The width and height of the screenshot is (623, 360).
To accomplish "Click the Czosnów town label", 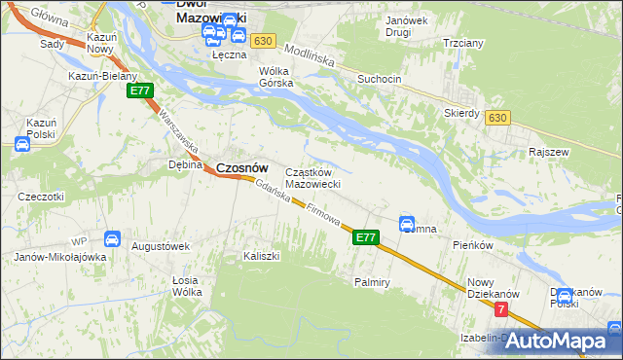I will click(x=241, y=167).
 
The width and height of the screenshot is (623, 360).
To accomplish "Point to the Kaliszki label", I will click(x=261, y=257).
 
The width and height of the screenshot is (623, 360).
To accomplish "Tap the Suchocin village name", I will click(x=380, y=78).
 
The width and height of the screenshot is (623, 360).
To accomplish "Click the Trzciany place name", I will click(x=463, y=44).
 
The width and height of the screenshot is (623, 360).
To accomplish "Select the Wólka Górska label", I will click(x=275, y=77).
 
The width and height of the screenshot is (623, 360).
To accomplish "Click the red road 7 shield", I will click(x=500, y=309).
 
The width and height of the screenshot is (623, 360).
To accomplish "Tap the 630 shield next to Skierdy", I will click(x=498, y=118).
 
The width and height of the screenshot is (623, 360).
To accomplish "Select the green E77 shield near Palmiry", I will click(x=365, y=236).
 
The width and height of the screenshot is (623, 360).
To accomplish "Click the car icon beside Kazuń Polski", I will click(x=21, y=144).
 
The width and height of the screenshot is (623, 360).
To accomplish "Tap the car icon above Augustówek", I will click(x=112, y=238).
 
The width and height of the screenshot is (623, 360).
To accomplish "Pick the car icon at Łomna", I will click(x=407, y=224).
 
